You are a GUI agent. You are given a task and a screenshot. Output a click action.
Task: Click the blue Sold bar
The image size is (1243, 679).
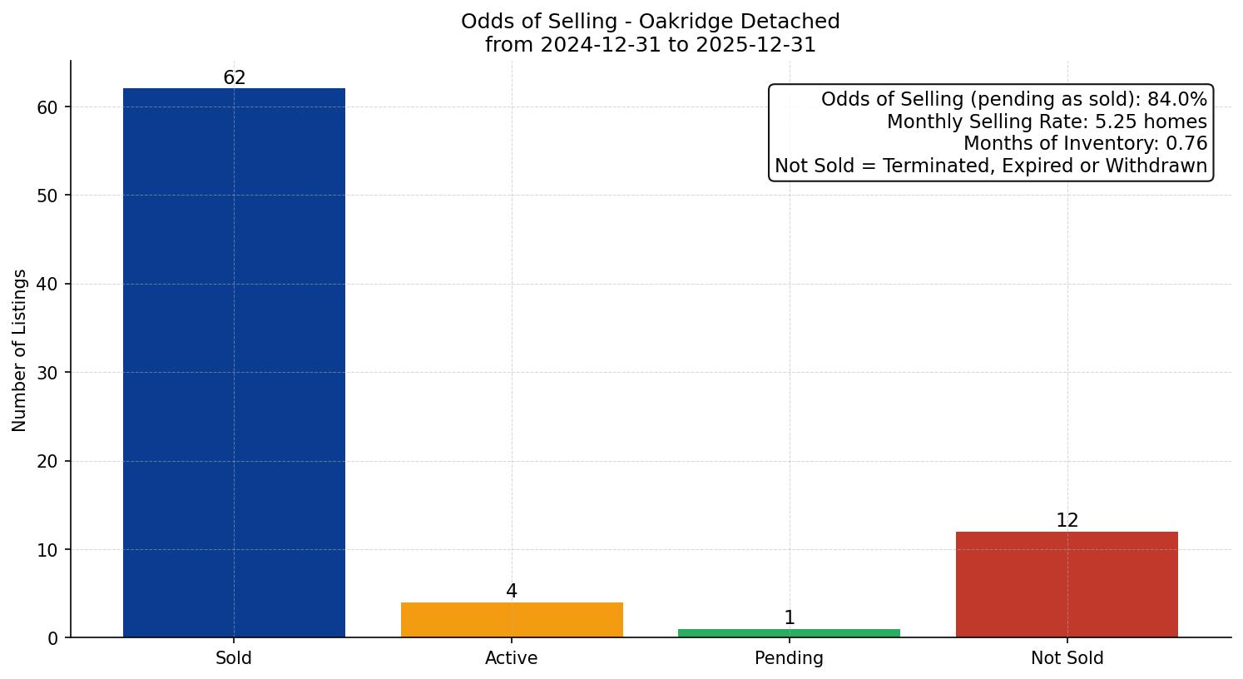pyautogui.click(x=234, y=363)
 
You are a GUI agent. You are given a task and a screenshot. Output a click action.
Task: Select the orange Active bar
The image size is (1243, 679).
pyautogui.click(x=512, y=620)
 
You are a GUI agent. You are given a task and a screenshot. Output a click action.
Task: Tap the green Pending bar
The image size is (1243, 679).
pyautogui.click(x=789, y=633)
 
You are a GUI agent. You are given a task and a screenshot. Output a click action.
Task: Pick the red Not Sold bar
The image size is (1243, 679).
pyautogui.click(x=1067, y=584)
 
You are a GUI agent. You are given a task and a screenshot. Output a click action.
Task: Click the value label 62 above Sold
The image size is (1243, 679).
pyautogui.click(x=235, y=78)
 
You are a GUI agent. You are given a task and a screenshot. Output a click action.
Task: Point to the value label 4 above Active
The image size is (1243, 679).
pyautogui.click(x=512, y=592)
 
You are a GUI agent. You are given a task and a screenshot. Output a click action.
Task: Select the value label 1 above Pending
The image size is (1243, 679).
pyautogui.click(x=790, y=618)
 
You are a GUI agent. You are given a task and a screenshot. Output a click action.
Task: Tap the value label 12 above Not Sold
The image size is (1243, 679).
pyautogui.click(x=1067, y=521)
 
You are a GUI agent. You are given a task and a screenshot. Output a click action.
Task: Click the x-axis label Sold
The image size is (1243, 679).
pyautogui.click(x=234, y=658)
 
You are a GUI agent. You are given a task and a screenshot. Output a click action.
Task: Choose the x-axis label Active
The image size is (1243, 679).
pyautogui.click(x=512, y=658)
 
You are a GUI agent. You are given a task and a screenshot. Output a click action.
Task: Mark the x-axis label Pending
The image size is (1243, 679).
pyautogui.click(x=789, y=658)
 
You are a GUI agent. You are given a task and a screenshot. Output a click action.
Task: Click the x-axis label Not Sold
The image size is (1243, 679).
pyautogui.click(x=1067, y=658)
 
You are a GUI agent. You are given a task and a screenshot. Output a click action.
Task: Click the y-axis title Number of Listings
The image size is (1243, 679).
pyautogui.click(x=20, y=350)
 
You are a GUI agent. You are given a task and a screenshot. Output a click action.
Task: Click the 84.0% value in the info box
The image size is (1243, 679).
pyautogui.click(x=1176, y=100)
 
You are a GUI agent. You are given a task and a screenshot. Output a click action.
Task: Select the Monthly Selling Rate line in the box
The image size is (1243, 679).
pyautogui.click(x=1047, y=121)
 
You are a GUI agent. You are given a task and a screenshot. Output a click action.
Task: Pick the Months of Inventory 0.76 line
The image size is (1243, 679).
pyautogui.click(x=1085, y=144)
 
